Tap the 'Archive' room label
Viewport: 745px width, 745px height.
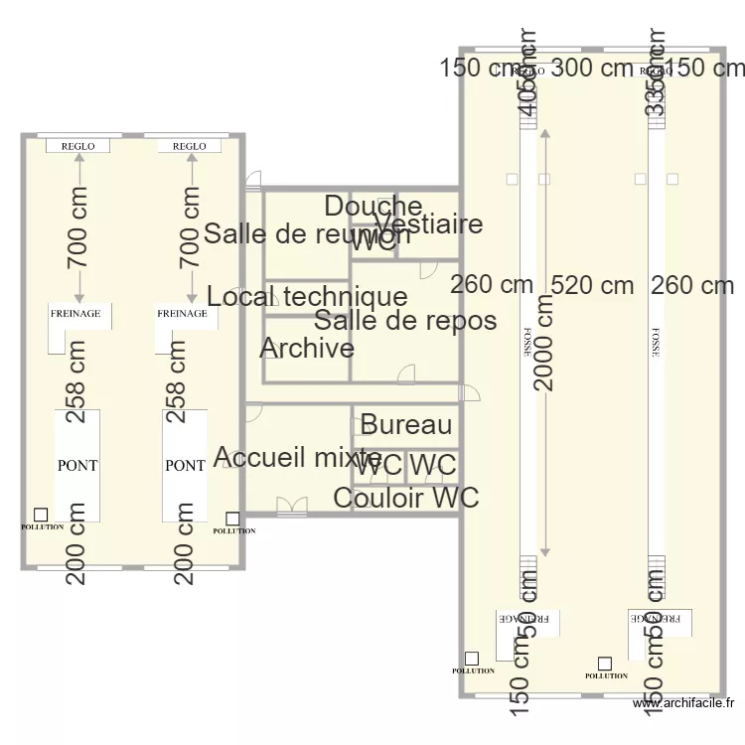[x=307, y=349]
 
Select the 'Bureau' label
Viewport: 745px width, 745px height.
[x=406, y=426]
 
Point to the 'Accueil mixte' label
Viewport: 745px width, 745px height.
[x=298, y=458]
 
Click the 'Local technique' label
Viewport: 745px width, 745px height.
[x=308, y=296]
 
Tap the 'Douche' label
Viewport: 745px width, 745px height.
[x=373, y=207]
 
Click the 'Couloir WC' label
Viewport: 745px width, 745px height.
[x=406, y=498]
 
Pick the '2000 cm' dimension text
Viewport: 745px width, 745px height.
[x=544, y=343]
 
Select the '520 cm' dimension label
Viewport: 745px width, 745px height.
[x=593, y=285]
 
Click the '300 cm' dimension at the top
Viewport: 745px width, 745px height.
[x=593, y=68]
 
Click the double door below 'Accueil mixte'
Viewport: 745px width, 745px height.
[x=291, y=507]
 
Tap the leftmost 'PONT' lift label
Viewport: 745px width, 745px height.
[x=77, y=465]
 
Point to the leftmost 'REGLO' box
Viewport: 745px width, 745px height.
[x=78, y=146]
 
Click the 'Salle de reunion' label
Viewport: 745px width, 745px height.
[x=306, y=234]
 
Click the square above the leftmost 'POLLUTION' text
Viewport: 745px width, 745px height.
[x=41, y=515]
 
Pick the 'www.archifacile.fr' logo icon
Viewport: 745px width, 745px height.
[x=641, y=704]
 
